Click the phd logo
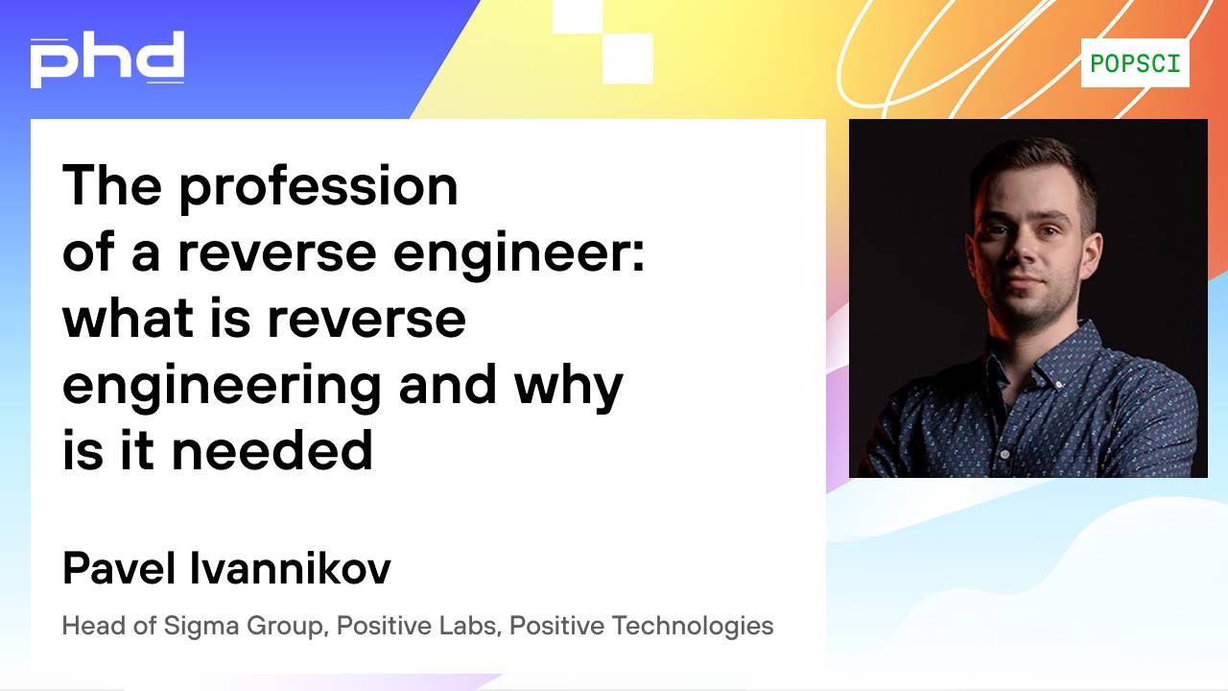106,59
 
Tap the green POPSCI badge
1135,63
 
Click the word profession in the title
318,188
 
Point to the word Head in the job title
93,626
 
